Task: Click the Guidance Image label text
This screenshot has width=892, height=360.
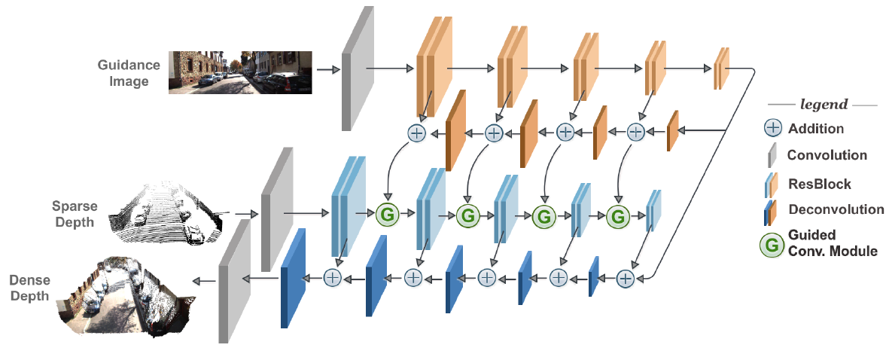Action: [x=128, y=73]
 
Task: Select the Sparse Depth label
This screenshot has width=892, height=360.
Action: [x=73, y=213]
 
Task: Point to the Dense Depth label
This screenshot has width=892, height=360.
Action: [x=30, y=288]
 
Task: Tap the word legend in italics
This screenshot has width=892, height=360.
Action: [x=823, y=105]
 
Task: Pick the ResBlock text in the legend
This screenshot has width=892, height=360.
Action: [x=819, y=184]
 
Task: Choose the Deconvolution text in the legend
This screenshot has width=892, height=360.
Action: [x=836, y=209]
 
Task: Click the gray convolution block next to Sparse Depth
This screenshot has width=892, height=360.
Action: [x=276, y=209]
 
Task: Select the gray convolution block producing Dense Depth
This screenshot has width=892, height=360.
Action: [x=233, y=281]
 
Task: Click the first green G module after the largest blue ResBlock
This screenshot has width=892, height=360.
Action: [x=386, y=215]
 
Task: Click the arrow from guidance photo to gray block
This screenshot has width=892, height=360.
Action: [x=327, y=70]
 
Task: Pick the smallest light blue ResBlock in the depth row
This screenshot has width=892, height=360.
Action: [x=653, y=211]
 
